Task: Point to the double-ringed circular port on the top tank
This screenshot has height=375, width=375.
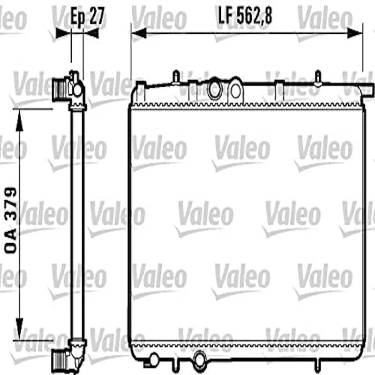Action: click(x=215, y=90)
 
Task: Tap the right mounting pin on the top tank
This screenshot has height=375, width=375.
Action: click(x=317, y=76)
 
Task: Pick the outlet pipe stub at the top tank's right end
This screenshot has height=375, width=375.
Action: click(x=367, y=88)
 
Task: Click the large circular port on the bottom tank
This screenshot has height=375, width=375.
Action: click(x=200, y=360)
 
